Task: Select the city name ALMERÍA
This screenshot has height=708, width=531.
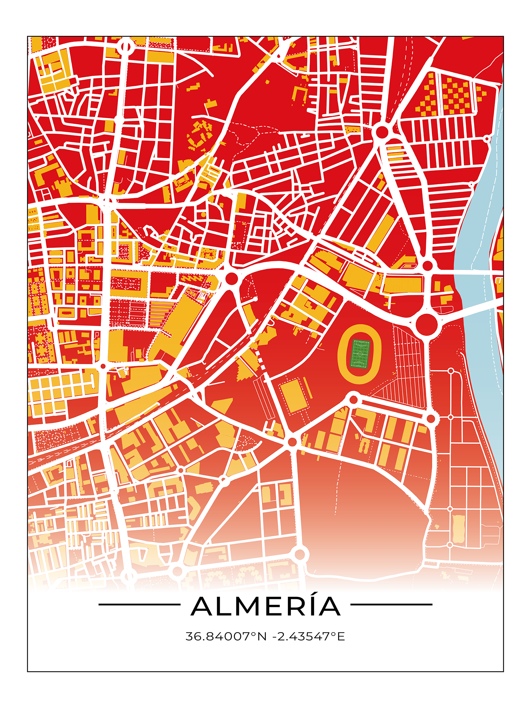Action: (x=265, y=606)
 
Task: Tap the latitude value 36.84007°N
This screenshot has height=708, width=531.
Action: (x=226, y=636)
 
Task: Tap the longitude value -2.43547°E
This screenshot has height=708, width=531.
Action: (x=308, y=636)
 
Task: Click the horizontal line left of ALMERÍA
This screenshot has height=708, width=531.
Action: (x=139, y=605)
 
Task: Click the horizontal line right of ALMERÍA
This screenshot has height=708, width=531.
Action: (x=391, y=605)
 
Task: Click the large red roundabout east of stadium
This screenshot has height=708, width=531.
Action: (x=426, y=324)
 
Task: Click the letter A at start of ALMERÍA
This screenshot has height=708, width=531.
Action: (x=203, y=607)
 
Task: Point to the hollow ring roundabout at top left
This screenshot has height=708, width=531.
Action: (x=126, y=46)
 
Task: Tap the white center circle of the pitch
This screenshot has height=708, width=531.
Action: (x=360, y=354)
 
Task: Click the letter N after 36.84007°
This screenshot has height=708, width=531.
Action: (x=262, y=636)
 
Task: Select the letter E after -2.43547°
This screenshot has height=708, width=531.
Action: (x=341, y=636)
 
